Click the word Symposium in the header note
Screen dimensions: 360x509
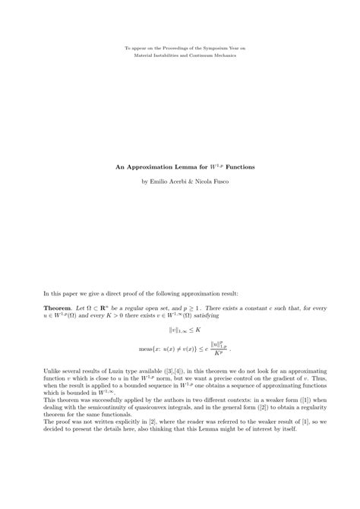[210, 48]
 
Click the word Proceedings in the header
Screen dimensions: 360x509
[169, 48]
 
